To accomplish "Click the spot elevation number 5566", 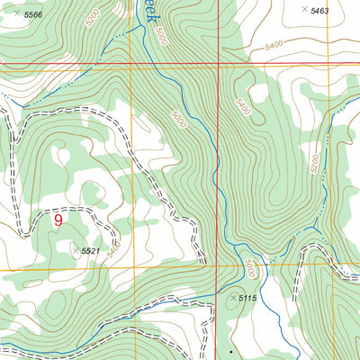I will (x=33, y=16).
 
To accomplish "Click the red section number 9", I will (x=58, y=218).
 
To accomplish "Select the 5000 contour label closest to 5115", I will (x=249, y=267).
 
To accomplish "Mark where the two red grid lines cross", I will (x=218, y=65).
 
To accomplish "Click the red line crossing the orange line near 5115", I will (x=218, y=268).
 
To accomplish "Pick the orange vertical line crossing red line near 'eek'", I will (x=131, y=65).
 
